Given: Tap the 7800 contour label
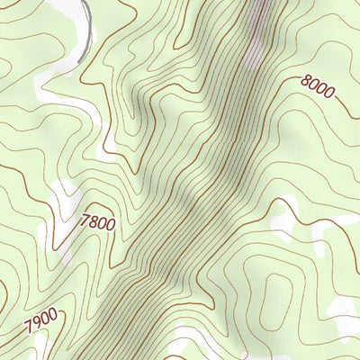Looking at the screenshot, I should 98,220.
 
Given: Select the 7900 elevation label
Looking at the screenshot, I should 40,318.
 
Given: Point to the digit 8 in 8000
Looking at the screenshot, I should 306,84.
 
